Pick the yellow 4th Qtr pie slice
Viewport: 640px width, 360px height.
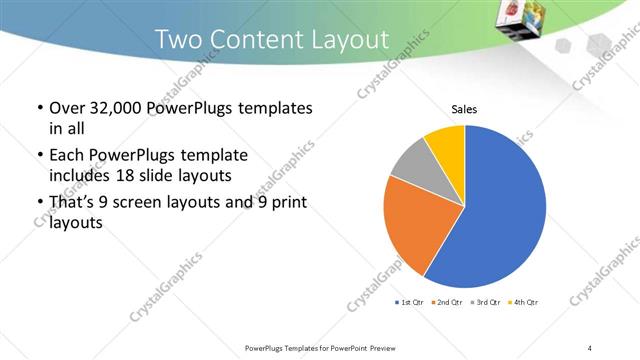pos(446,144)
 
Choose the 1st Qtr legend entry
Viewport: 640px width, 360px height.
pos(411,302)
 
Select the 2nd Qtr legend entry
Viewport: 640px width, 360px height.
pos(446,302)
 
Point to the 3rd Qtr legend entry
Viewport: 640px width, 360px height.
pos(484,302)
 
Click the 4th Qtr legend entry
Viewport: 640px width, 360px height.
pos(522,302)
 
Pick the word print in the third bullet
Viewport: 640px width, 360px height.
pos(290,204)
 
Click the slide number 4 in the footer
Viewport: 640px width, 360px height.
pos(590,347)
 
